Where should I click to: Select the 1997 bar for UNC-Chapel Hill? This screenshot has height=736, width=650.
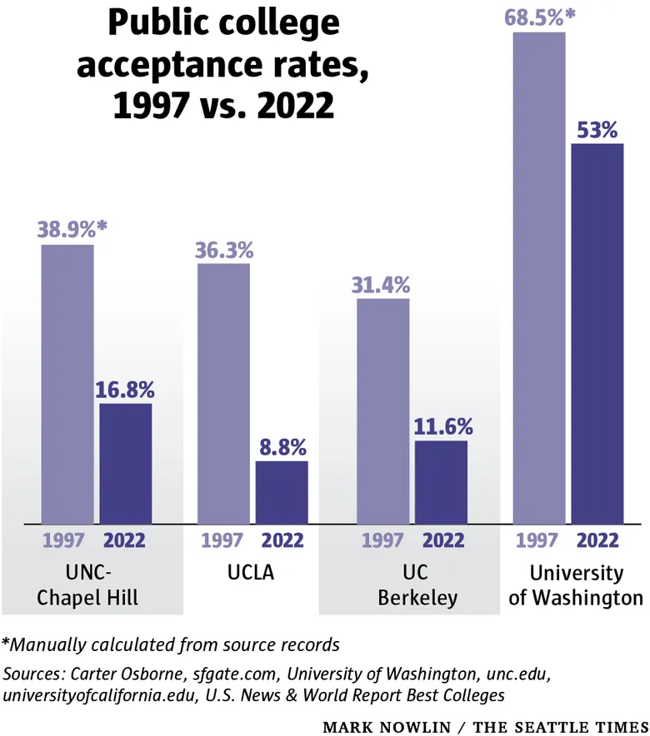click(67, 384)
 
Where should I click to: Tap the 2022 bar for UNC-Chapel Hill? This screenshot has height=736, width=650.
click(125, 463)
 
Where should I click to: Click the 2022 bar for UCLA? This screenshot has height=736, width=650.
click(281, 491)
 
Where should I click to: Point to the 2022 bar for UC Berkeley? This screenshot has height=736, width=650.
click(441, 481)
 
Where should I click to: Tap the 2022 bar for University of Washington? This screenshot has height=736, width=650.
click(597, 333)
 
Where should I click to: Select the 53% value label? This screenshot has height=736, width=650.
click(597, 130)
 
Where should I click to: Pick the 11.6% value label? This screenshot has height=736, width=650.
click(442, 426)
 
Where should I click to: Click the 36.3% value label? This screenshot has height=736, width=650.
click(223, 249)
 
